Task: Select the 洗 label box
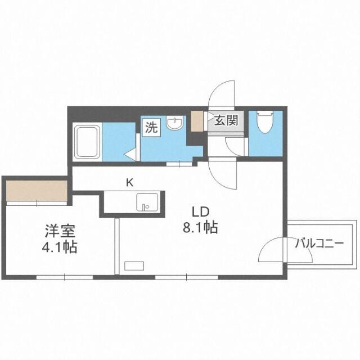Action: [x=151, y=127]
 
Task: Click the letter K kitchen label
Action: [x=129, y=182]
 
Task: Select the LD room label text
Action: [x=201, y=212]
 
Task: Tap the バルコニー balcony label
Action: [x=319, y=244]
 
